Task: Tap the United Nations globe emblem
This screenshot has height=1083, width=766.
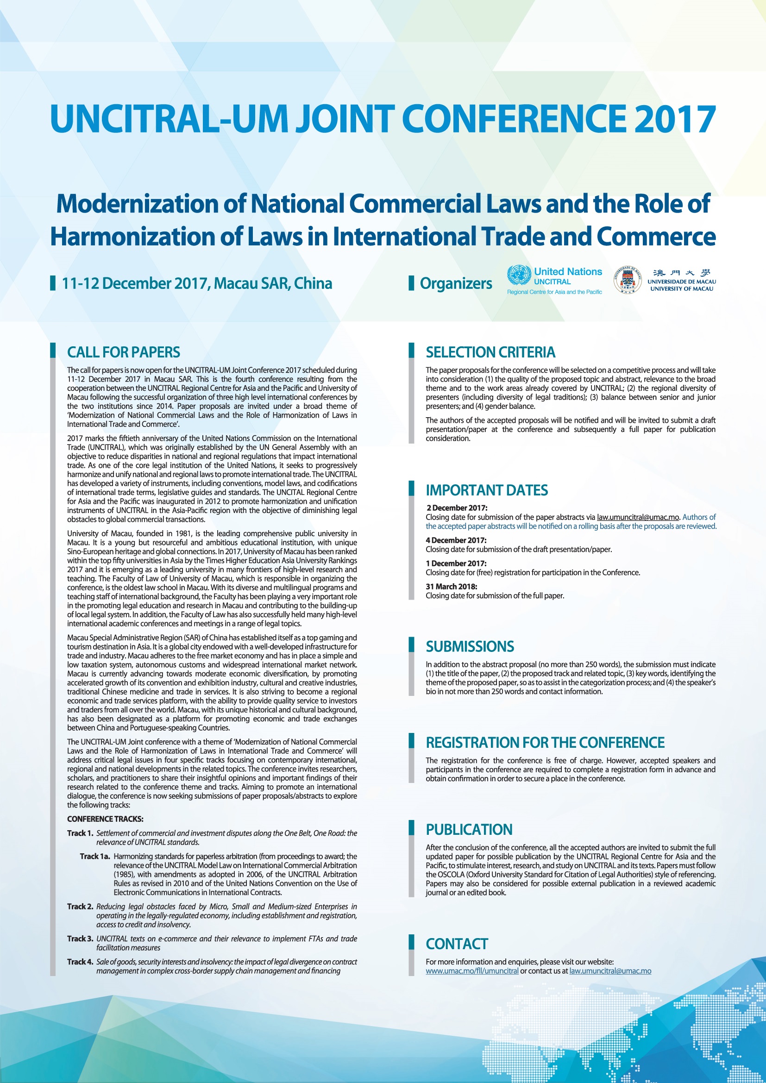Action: [x=519, y=275]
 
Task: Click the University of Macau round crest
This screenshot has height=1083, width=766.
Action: [x=628, y=280]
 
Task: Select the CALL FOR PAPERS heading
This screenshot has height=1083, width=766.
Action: [x=124, y=352]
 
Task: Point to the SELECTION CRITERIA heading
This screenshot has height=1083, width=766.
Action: [x=490, y=352]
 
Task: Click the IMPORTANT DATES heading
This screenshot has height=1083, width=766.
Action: [x=486, y=490]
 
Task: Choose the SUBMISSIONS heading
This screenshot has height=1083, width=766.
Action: [x=469, y=647]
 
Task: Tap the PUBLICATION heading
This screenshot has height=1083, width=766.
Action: [x=469, y=830]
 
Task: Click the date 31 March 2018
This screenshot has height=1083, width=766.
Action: [x=452, y=587]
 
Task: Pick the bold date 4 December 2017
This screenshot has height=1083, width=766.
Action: [x=456, y=540]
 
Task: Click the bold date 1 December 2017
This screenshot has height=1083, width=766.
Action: [x=456, y=563]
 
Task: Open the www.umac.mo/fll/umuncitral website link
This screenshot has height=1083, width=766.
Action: [x=471, y=971]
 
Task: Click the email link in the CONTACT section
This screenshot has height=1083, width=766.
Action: [x=610, y=971]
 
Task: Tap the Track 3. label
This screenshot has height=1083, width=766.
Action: [x=80, y=939]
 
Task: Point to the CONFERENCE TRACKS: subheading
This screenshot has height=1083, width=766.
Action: [x=105, y=820]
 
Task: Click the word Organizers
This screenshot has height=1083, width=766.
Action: [x=456, y=283]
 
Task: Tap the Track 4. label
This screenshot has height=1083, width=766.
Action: [x=80, y=962]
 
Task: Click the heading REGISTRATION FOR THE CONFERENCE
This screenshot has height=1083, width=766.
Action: [x=545, y=743]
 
